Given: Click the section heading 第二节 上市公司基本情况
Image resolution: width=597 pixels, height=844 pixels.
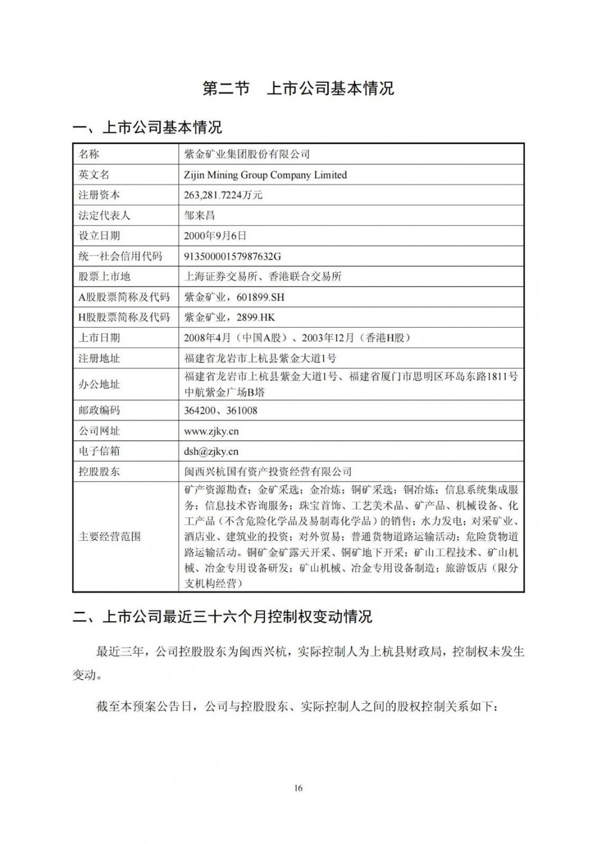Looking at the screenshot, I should [x=298, y=88].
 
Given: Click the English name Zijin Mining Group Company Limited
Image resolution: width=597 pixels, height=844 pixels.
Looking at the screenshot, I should [x=266, y=175].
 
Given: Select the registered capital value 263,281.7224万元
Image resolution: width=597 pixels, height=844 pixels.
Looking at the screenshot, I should [x=224, y=195].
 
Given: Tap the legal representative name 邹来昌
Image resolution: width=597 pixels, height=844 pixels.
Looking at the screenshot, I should [x=199, y=215].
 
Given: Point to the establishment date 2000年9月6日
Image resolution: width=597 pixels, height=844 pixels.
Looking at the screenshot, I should [x=215, y=236].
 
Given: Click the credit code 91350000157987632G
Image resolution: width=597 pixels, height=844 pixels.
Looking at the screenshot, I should [x=233, y=256].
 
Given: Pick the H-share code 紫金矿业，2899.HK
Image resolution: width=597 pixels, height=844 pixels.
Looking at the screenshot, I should [x=230, y=317].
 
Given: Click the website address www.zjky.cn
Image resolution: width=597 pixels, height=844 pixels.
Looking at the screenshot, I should [x=211, y=431].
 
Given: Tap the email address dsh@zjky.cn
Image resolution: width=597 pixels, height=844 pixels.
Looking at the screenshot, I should [x=211, y=451].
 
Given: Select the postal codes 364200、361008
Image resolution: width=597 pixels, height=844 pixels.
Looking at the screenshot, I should [x=221, y=411].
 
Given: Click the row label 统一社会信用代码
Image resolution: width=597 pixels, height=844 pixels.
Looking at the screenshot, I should [x=121, y=256].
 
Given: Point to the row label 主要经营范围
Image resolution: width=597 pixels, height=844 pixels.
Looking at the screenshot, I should [x=110, y=536].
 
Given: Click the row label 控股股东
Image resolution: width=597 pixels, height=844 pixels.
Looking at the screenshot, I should [x=100, y=472].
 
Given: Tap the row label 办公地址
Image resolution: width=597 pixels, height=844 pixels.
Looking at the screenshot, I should [x=100, y=384].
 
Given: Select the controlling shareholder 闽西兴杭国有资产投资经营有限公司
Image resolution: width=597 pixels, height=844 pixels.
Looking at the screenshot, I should [x=268, y=472].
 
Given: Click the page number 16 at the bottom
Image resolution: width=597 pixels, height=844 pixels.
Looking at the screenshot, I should [x=298, y=788].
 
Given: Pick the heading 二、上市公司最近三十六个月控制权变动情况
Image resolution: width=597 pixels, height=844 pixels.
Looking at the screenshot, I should [x=222, y=617].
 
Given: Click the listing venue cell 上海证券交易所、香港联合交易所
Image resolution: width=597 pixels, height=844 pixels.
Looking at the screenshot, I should [x=263, y=276].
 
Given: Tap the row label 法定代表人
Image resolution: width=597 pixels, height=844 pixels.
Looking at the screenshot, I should [x=104, y=215].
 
